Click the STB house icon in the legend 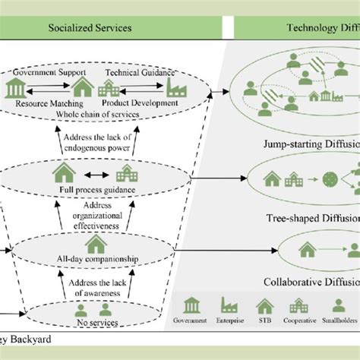[264, 305]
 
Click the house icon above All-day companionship [96, 244]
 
